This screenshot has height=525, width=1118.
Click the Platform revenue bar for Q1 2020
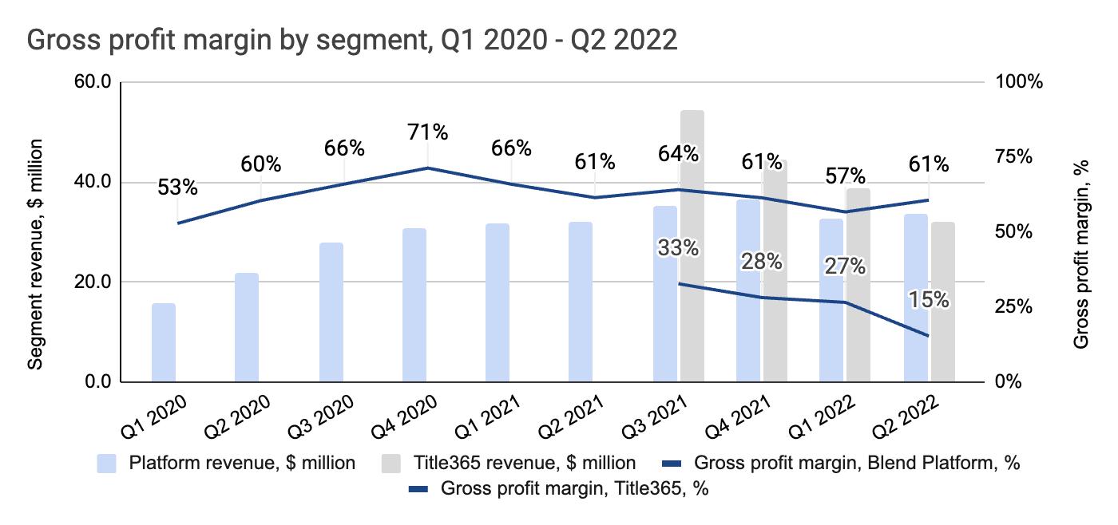(x=163, y=342)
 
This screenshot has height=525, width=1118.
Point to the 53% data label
(x=177, y=187)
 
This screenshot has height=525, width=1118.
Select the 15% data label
(x=929, y=300)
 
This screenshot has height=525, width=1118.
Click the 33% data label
(x=678, y=248)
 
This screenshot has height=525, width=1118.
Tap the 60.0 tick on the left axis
(x=93, y=82)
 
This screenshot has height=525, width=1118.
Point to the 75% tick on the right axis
(x=1013, y=156)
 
